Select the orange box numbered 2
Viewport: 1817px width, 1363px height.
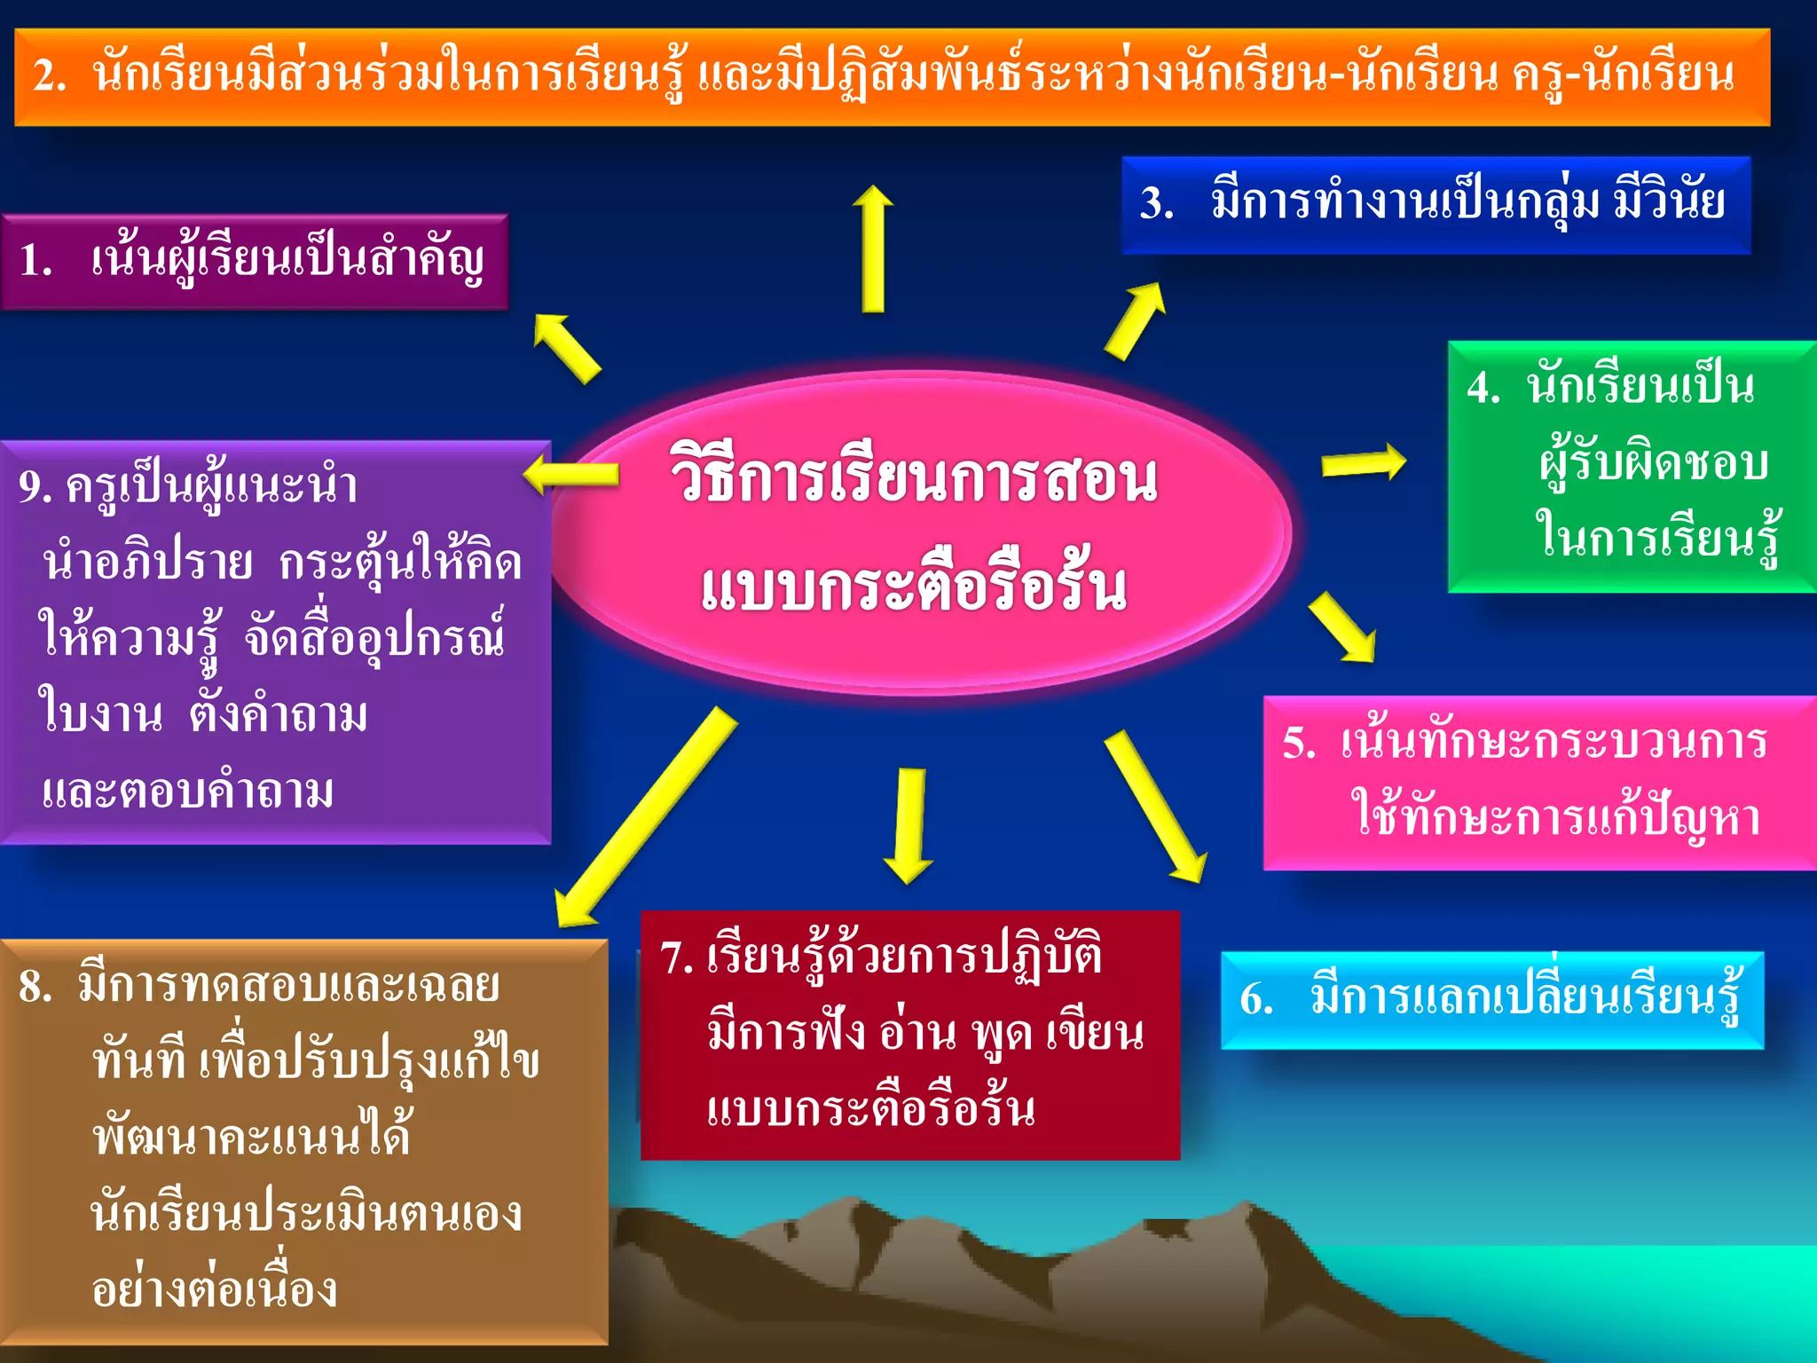click(892, 77)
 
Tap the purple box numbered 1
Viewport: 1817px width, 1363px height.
click(255, 262)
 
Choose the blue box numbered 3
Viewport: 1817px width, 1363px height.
click(1436, 205)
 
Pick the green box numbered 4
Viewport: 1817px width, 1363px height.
click(1631, 466)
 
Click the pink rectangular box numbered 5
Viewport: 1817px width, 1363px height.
click(1538, 782)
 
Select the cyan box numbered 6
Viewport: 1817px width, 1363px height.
click(1491, 1000)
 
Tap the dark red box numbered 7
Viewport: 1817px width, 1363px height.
click(910, 1035)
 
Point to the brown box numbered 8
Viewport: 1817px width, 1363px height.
click(303, 1141)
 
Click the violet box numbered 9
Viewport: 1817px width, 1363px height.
click(275, 641)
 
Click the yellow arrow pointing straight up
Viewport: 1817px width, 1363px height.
click(873, 248)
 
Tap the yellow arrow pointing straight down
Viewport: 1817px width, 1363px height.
click(909, 825)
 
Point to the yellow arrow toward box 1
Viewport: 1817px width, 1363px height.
click(567, 348)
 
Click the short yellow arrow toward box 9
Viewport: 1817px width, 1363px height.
click(571, 475)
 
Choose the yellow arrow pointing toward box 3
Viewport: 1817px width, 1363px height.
click(1135, 321)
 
